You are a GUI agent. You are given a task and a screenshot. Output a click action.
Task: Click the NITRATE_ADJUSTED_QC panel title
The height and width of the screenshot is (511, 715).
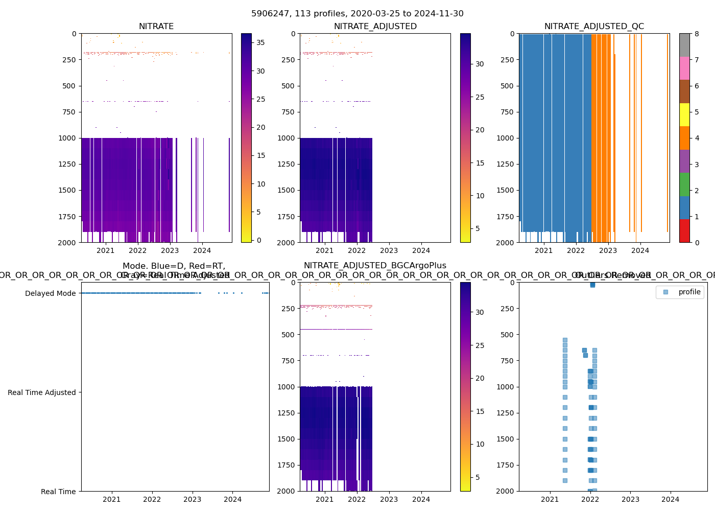[x=594, y=27]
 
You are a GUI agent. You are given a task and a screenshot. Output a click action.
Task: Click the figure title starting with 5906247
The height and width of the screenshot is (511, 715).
[x=357, y=14]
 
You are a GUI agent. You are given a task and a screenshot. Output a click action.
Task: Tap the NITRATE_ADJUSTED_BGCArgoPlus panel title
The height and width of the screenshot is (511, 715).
[x=375, y=266]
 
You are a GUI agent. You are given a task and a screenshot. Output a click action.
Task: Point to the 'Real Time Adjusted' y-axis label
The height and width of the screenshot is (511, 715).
[x=41, y=392]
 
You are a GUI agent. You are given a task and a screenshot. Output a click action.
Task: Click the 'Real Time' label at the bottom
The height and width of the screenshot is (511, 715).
[x=58, y=492]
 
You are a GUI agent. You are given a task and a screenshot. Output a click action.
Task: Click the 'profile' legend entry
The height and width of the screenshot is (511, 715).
[x=689, y=292]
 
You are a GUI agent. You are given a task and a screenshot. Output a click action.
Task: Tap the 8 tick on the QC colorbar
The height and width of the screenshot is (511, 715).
[x=697, y=34]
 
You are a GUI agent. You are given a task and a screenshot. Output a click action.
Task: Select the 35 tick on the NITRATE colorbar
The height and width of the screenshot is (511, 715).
[x=260, y=42]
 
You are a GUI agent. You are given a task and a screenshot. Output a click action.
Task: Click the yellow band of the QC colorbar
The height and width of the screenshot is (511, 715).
[x=684, y=114]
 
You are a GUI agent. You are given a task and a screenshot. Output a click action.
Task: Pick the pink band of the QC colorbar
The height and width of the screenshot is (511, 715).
[x=684, y=68]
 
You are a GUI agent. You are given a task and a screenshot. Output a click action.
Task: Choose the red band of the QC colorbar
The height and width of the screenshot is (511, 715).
[x=684, y=231]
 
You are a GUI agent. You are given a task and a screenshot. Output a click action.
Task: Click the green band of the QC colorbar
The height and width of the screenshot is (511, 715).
[x=684, y=184]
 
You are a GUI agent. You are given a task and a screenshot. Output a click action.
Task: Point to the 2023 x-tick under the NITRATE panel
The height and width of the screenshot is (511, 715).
[x=170, y=250]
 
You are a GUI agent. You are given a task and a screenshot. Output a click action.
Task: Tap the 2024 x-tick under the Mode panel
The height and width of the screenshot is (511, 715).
[x=233, y=499]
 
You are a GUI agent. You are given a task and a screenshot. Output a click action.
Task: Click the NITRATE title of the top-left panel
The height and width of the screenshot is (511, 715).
[x=156, y=27]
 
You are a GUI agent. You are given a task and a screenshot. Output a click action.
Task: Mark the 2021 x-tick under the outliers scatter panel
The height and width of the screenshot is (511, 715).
[x=550, y=499]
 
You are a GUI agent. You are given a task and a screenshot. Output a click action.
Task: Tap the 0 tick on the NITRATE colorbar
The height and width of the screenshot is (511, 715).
[x=259, y=240]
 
